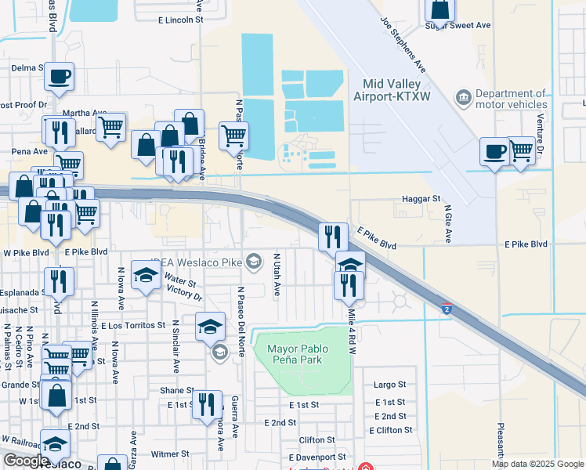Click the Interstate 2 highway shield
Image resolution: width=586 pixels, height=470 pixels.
click(x=446, y=309)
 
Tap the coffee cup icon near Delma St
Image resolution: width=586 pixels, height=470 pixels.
click(x=59, y=76)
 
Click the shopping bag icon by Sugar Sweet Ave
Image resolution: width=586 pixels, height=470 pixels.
click(x=440, y=9)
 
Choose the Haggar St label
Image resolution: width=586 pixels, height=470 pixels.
click(x=421, y=200)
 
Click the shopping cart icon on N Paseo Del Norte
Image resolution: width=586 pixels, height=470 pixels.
click(x=233, y=136)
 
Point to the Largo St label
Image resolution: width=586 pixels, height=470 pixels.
click(x=389, y=385)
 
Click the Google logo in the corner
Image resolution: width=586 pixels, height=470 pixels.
click(x=26, y=461)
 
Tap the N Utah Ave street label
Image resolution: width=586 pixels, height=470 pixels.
click(x=277, y=275)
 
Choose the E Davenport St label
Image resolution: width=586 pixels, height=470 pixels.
click(x=317, y=457)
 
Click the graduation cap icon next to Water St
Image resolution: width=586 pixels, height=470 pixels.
click(x=146, y=275)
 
